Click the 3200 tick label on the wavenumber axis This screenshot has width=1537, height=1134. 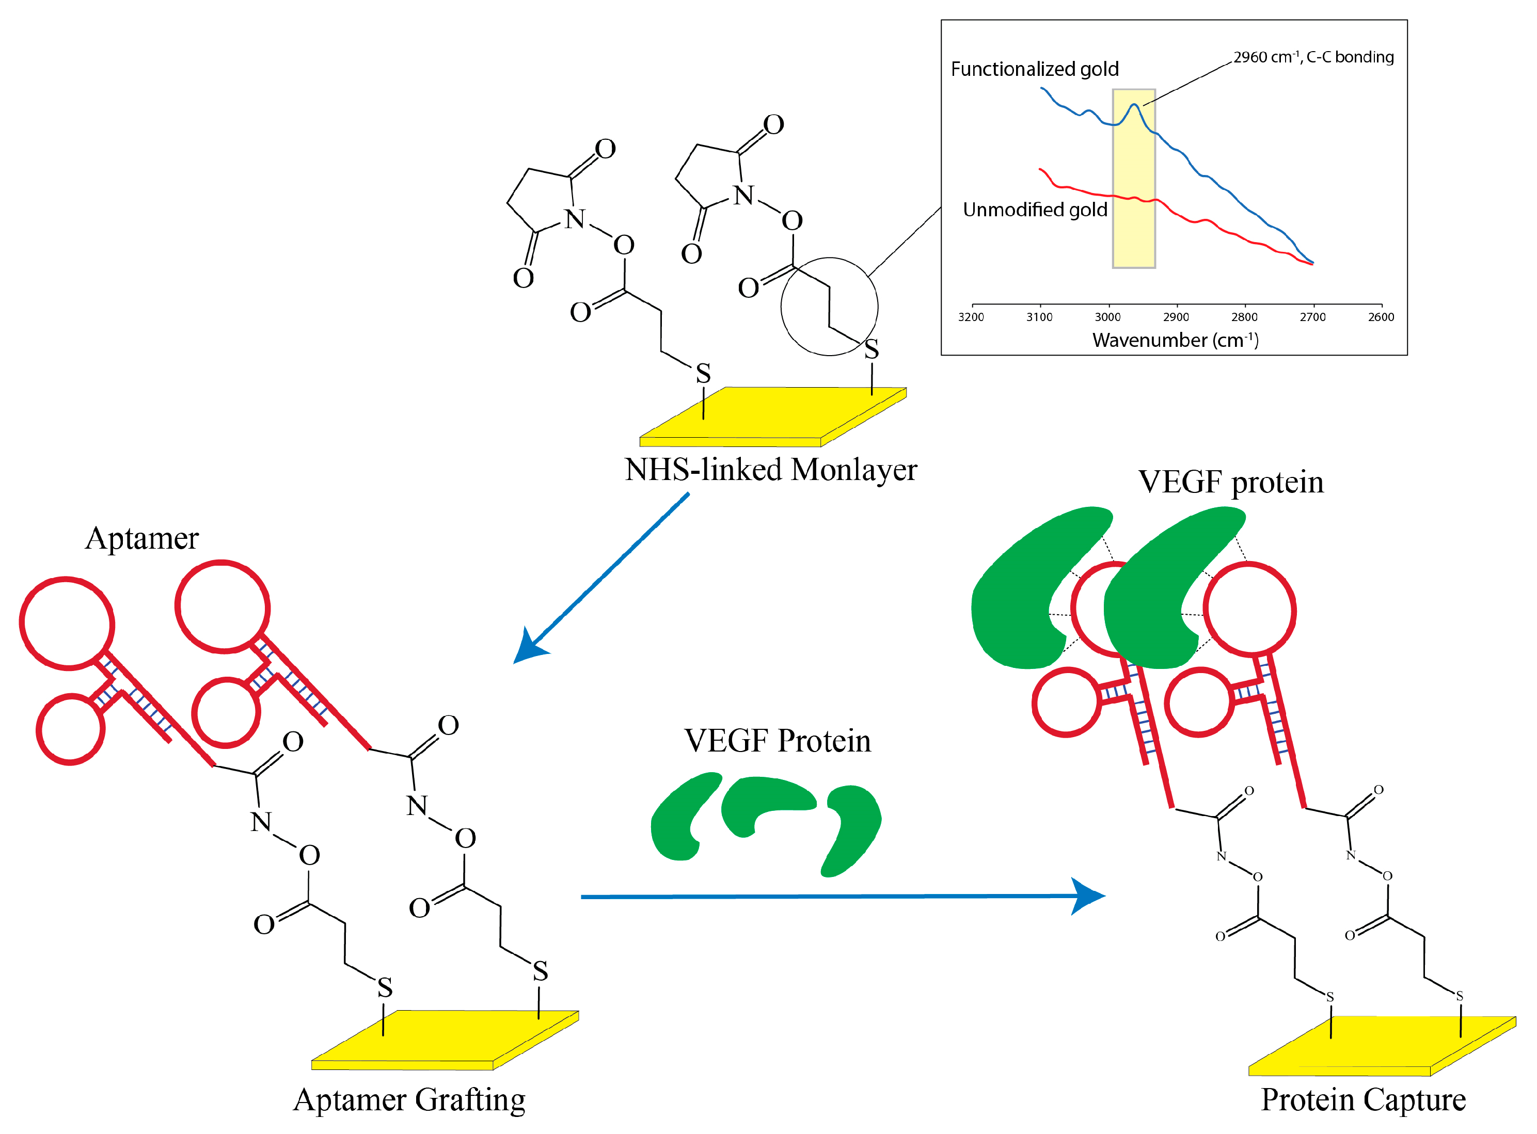[971, 317]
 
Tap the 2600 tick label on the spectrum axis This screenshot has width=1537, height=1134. [1381, 317]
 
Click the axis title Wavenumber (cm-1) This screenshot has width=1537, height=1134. [1175, 341]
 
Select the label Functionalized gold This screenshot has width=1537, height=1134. [1035, 69]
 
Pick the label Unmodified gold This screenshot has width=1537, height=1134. [1035, 210]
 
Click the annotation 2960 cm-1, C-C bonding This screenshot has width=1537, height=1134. [1313, 57]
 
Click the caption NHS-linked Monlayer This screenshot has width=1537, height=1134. [770, 470]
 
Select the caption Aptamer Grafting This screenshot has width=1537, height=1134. [409, 1100]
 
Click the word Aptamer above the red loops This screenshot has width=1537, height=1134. [141, 539]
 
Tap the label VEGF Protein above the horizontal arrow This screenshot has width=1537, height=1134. [777, 741]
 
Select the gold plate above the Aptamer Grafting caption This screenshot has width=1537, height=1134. [445, 1038]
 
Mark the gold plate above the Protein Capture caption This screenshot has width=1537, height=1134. [1381, 1045]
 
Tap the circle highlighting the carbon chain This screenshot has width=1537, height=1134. [829, 307]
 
